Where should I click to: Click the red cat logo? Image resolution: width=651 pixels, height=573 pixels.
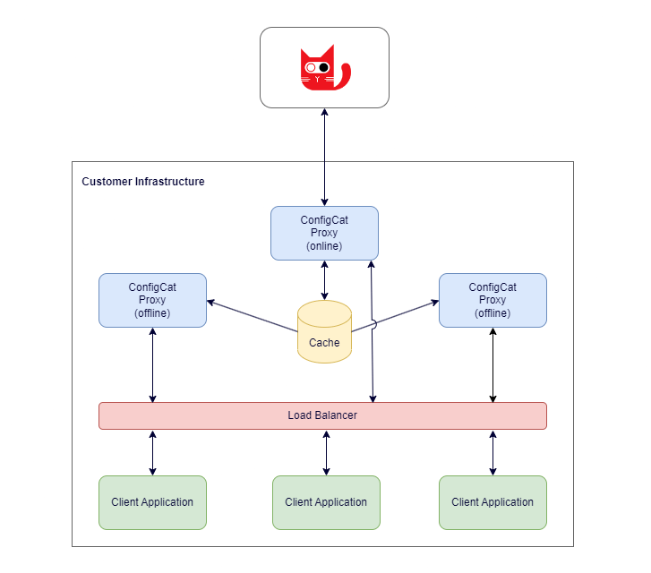[x=323, y=68]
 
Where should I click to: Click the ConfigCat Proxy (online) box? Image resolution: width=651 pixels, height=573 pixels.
[x=324, y=233]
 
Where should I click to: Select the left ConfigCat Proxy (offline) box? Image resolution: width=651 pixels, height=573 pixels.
[x=152, y=300]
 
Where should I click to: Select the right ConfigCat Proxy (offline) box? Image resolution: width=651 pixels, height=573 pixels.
[x=493, y=300]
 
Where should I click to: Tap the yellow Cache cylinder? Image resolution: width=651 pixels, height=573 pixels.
[x=324, y=333]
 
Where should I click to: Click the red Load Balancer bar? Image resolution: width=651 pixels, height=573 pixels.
[x=322, y=415]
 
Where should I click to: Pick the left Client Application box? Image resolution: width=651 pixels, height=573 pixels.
[x=152, y=502]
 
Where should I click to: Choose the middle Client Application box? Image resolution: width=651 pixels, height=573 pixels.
[x=326, y=502]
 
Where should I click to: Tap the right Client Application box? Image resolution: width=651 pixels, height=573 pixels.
[x=493, y=502]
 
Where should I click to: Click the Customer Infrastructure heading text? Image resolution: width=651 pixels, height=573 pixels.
[x=143, y=182]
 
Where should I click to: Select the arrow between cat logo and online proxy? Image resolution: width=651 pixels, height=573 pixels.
[x=324, y=157]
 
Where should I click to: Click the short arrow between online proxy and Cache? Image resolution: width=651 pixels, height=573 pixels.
[x=324, y=280]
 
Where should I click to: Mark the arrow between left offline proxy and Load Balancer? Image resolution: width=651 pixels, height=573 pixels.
[x=153, y=364]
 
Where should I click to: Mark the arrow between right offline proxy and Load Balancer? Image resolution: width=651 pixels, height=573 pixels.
[x=493, y=364]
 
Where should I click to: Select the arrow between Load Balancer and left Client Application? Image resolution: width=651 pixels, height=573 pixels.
[x=153, y=452]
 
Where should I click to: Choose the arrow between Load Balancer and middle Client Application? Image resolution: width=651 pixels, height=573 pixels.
[x=326, y=452]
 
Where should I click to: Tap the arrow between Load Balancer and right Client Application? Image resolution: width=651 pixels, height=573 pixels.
[x=493, y=452]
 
